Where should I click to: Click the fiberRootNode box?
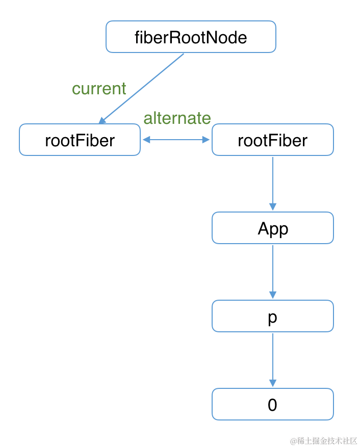[x=191, y=37]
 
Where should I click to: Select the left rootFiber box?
[x=80, y=140]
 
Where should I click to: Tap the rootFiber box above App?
[x=272, y=140]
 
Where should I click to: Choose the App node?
[x=272, y=228]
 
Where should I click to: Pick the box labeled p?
[x=272, y=316]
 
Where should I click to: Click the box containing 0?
[x=272, y=404]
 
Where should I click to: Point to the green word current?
[x=99, y=89]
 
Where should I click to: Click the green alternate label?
[x=177, y=118]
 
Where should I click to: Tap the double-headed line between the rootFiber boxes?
[x=176, y=140]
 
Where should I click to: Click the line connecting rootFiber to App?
[x=272, y=181]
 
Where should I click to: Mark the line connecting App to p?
[x=272, y=269]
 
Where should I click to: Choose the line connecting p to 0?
[x=272, y=357]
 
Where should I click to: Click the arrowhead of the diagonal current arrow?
[x=102, y=120]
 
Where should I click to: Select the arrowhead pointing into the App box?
[x=272, y=206]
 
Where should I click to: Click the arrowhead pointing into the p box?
[x=272, y=295]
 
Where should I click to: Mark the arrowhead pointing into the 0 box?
[x=272, y=383]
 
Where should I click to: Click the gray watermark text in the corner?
[x=324, y=440]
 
